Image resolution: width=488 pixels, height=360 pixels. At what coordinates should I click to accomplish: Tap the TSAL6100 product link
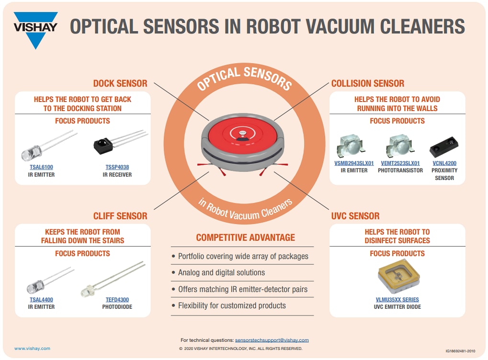(x=41, y=167)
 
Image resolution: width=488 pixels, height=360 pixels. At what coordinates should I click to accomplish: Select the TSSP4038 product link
(x=117, y=167)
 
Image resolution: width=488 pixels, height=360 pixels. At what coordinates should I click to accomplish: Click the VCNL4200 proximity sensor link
(x=444, y=163)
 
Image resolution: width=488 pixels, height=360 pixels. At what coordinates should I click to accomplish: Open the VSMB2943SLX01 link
(x=354, y=163)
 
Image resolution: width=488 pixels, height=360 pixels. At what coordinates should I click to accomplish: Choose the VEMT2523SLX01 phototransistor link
(x=400, y=163)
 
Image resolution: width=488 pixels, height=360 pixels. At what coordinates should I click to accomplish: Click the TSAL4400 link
(x=41, y=300)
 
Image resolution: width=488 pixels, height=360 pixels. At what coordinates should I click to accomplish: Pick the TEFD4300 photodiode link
(x=117, y=300)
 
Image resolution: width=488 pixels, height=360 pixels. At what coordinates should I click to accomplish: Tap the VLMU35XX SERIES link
(x=397, y=300)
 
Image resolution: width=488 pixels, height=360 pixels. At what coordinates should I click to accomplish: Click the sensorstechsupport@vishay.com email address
(x=272, y=340)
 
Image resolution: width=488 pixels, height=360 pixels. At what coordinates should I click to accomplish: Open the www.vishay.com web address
(x=32, y=349)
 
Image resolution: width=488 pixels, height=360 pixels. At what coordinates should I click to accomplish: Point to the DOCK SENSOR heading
(x=120, y=83)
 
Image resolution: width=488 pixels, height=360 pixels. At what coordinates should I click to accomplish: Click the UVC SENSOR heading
(x=355, y=216)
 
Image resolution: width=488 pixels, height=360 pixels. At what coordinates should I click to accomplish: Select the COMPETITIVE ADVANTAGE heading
(x=245, y=237)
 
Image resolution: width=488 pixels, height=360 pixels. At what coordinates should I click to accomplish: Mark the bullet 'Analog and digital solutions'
(x=221, y=272)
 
